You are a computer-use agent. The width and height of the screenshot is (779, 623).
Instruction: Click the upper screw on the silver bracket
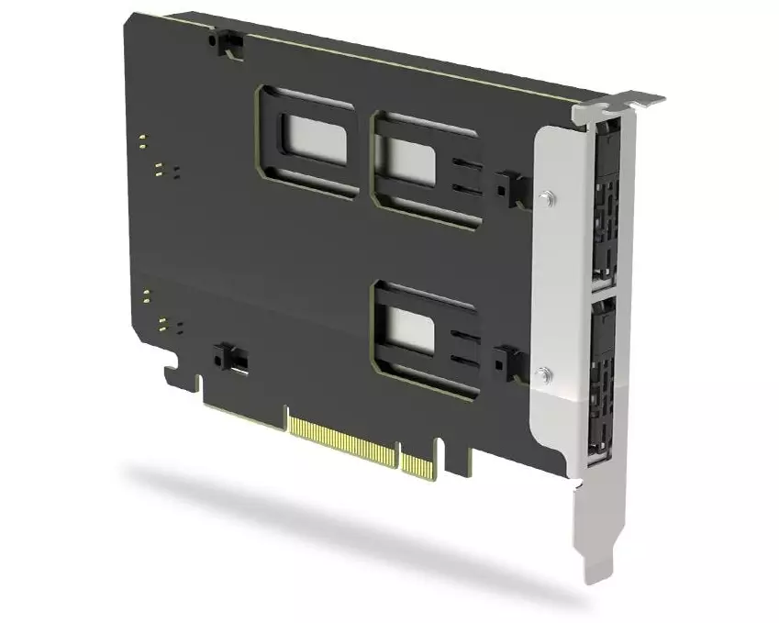tap(547, 196)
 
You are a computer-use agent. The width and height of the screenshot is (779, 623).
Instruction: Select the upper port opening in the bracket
tap(606, 206)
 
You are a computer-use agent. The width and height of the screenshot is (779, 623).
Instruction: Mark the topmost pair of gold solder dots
tap(143, 140)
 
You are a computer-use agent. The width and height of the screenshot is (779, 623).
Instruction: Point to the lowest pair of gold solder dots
tap(164, 325)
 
